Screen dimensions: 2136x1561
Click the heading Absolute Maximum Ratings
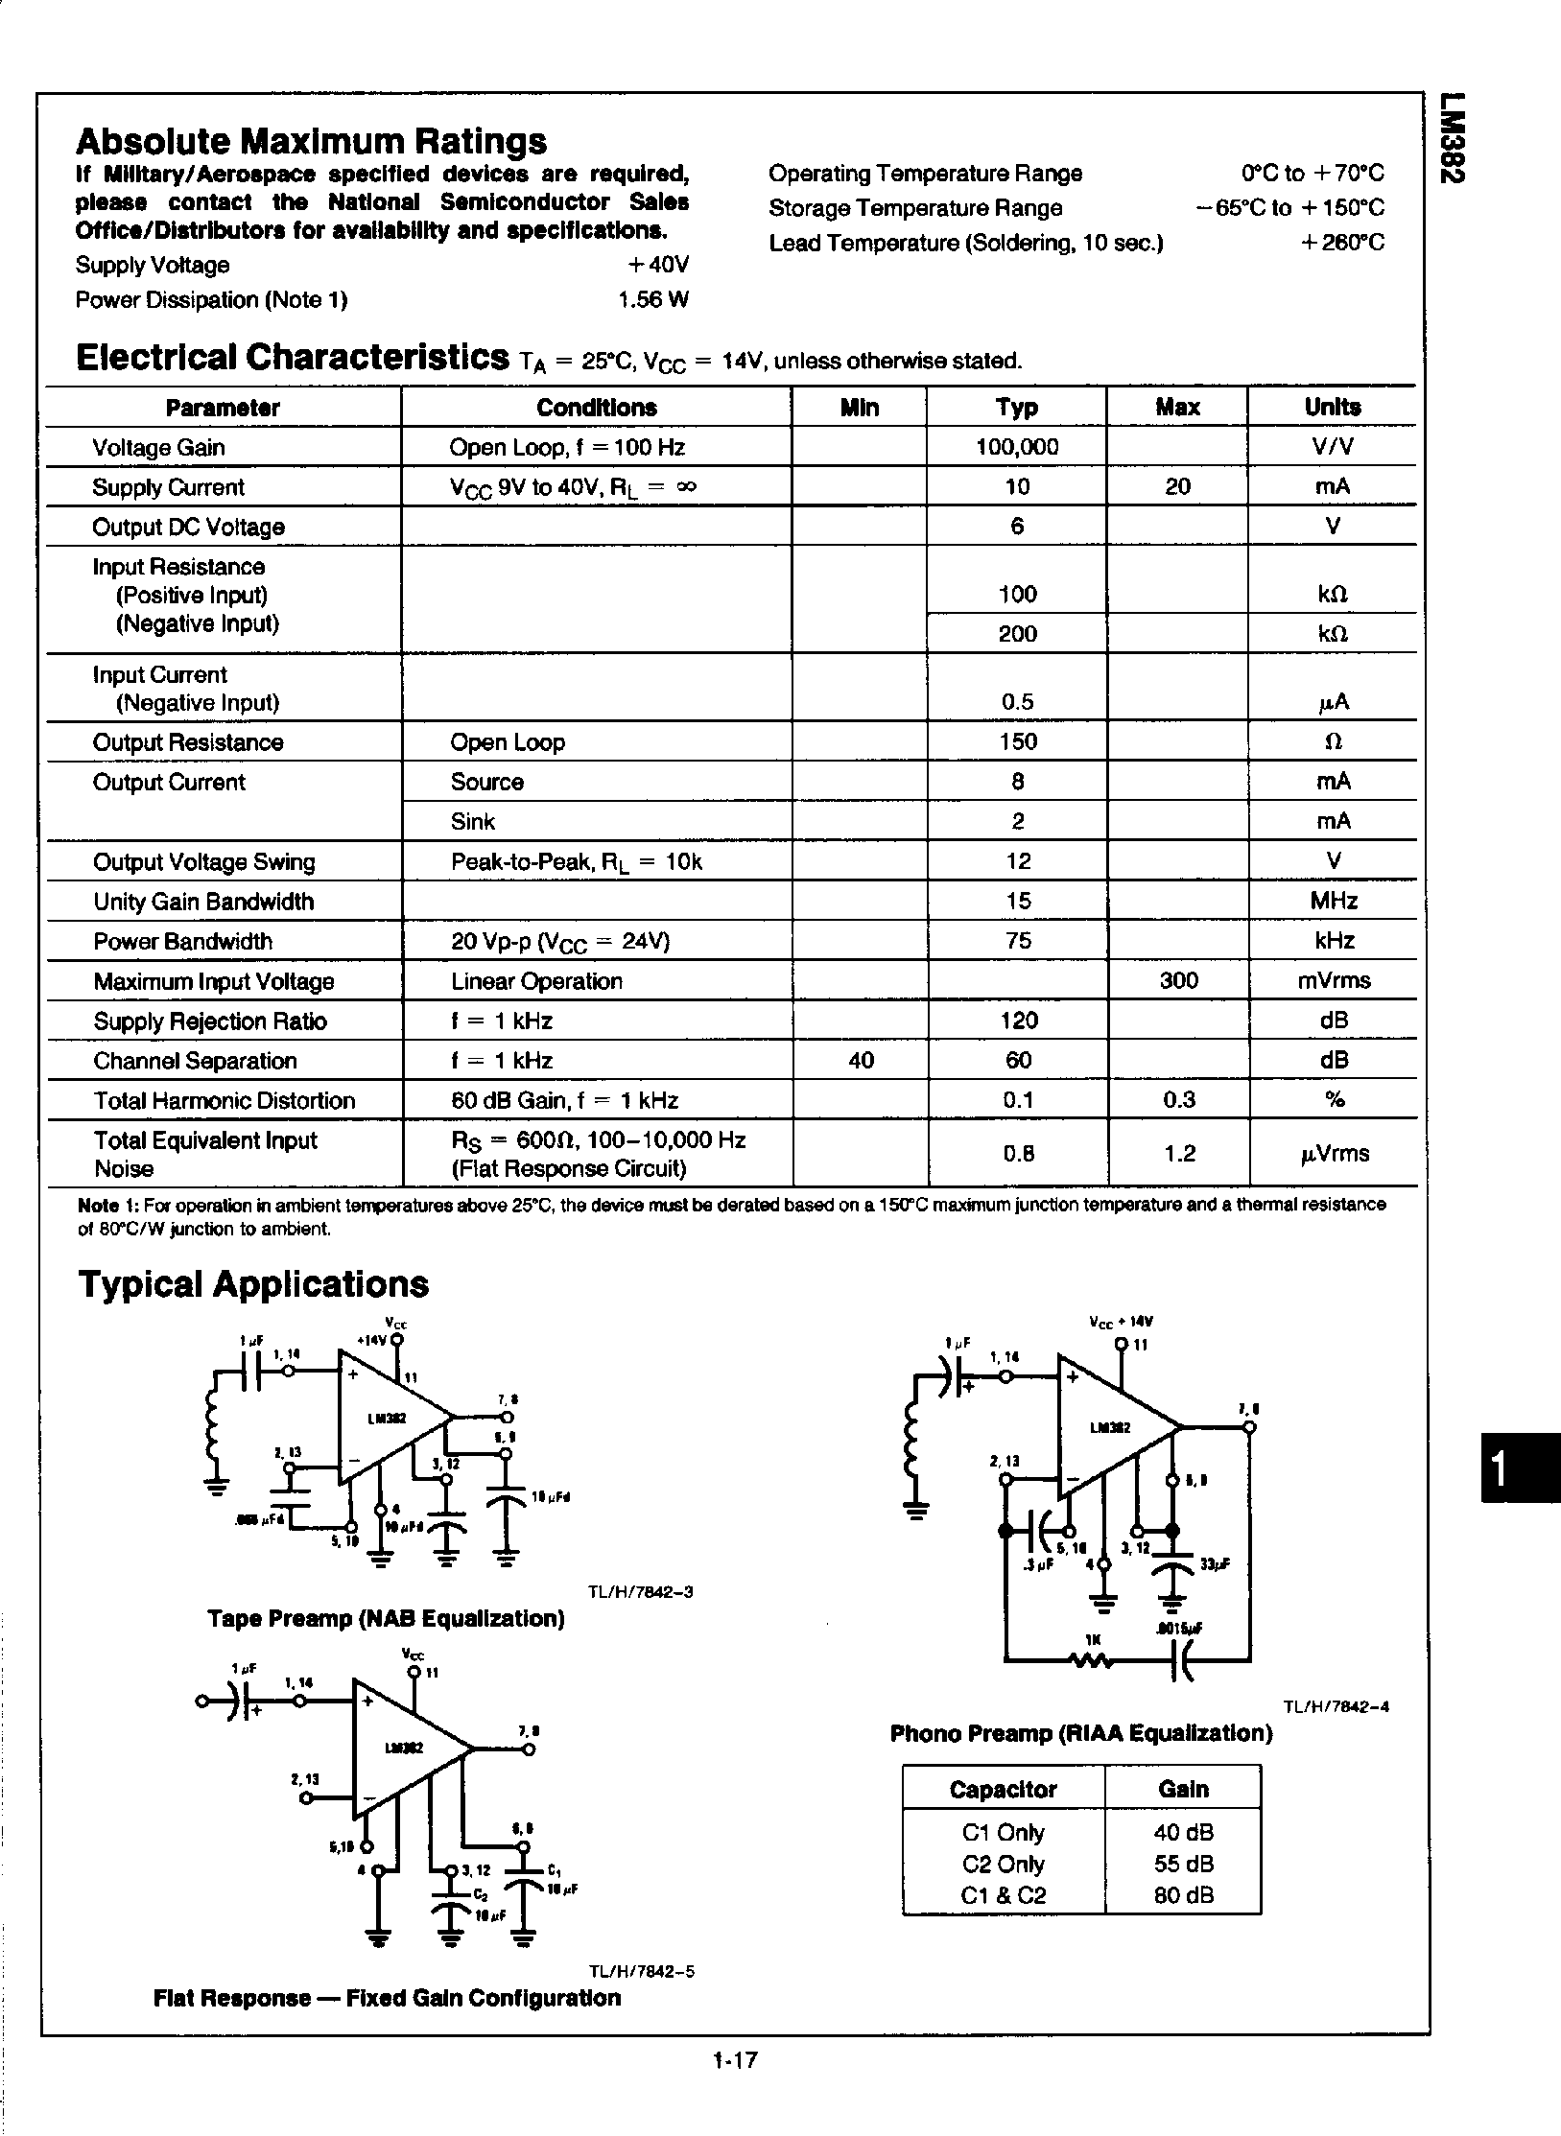point(311,142)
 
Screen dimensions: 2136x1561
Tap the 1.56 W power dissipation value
point(652,300)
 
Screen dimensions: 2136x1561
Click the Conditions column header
point(596,408)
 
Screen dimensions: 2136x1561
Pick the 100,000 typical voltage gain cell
point(1017,447)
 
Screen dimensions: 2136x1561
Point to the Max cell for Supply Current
point(1177,487)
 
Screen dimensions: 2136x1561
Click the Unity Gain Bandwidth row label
point(203,902)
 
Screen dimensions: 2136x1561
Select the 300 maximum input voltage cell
point(1178,980)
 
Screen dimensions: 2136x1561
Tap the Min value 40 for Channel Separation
point(861,1060)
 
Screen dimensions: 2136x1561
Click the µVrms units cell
point(1334,1154)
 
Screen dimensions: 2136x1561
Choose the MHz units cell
point(1334,902)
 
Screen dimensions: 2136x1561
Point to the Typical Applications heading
point(253,1284)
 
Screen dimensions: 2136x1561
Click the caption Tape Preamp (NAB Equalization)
point(386,1619)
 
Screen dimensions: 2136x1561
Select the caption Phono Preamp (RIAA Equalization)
point(1081,1733)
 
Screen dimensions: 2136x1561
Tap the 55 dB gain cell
point(1183,1864)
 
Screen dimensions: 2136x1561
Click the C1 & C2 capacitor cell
point(1003,1895)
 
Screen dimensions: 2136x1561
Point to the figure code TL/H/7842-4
point(1336,1706)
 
